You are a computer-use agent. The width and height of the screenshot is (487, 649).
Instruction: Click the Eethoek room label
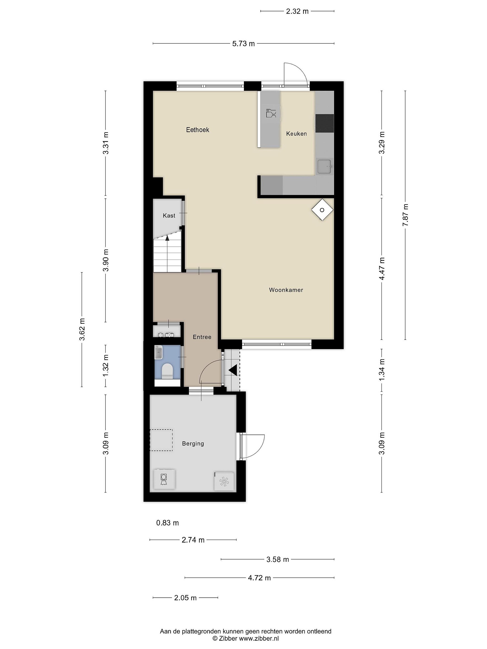pos(198,130)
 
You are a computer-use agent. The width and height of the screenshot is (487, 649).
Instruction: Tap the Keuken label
pos(296,134)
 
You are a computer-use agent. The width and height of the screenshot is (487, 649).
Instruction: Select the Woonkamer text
pos(286,290)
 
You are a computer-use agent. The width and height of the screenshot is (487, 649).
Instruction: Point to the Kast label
pos(169,216)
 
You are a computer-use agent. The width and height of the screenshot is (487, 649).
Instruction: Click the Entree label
pos(202,337)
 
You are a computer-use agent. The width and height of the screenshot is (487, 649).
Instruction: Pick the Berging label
pos(193,444)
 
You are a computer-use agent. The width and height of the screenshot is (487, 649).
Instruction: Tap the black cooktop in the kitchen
pos(325,123)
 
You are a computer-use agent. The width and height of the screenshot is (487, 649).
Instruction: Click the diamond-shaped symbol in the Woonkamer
pos(322,210)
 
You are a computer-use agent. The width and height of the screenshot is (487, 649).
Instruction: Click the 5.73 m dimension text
pos(243,44)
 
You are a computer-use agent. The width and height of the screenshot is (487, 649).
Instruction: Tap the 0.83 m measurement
pos(167,523)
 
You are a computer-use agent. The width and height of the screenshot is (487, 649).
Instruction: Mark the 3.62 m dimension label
pos(82,329)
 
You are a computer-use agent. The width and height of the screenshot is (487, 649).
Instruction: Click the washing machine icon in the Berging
pos(164,479)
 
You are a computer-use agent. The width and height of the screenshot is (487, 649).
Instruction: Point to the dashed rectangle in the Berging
pos(161,440)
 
